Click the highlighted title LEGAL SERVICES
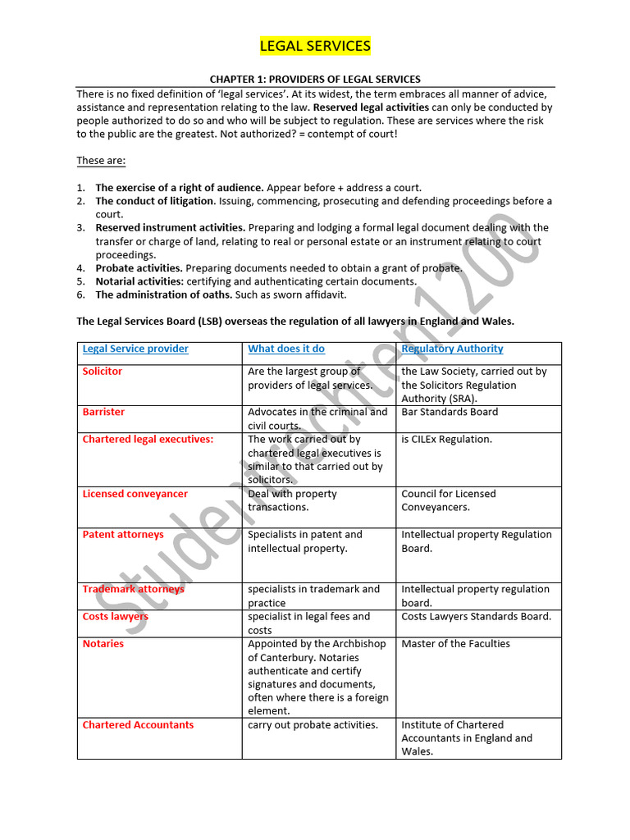(x=315, y=46)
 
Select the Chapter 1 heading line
(x=315, y=80)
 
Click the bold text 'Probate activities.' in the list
(x=139, y=268)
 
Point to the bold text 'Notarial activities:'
(x=139, y=281)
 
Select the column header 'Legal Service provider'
(x=135, y=349)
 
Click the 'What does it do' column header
(x=286, y=349)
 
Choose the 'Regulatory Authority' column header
(x=452, y=349)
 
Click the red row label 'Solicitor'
(x=103, y=372)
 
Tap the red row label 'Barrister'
(x=103, y=412)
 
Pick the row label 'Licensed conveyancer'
(x=135, y=494)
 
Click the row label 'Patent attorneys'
(x=123, y=535)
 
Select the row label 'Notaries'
(x=103, y=644)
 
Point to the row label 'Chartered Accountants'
(x=138, y=725)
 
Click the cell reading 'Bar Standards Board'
(x=450, y=412)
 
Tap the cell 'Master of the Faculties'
(x=455, y=644)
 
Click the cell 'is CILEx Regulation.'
(x=446, y=440)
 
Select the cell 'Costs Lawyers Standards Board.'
(x=476, y=617)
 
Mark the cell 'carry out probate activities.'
(x=313, y=725)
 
